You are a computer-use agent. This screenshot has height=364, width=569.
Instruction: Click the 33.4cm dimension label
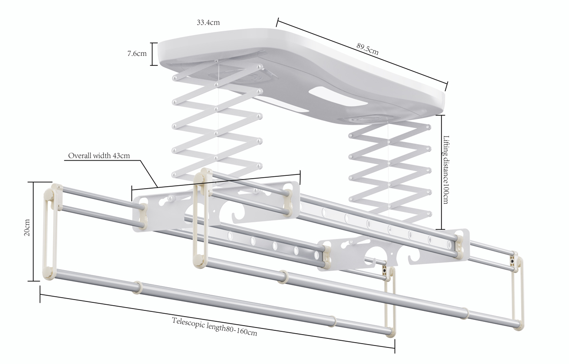pyautogui.click(x=209, y=22)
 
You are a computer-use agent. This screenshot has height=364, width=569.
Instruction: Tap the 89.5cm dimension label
pyautogui.click(x=367, y=49)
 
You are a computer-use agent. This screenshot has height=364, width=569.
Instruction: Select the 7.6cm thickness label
pyautogui.click(x=137, y=54)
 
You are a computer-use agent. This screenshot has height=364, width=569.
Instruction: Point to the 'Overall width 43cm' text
pyautogui.click(x=99, y=155)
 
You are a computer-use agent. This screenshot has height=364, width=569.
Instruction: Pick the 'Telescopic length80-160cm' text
pyautogui.click(x=214, y=327)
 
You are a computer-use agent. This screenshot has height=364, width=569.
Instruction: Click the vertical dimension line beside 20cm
pyautogui.click(x=34, y=231)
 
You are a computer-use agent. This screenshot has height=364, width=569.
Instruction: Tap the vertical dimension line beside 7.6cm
pyautogui.click(x=152, y=54)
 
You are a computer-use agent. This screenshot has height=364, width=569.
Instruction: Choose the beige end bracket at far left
pyautogui.click(x=50, y=232)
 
